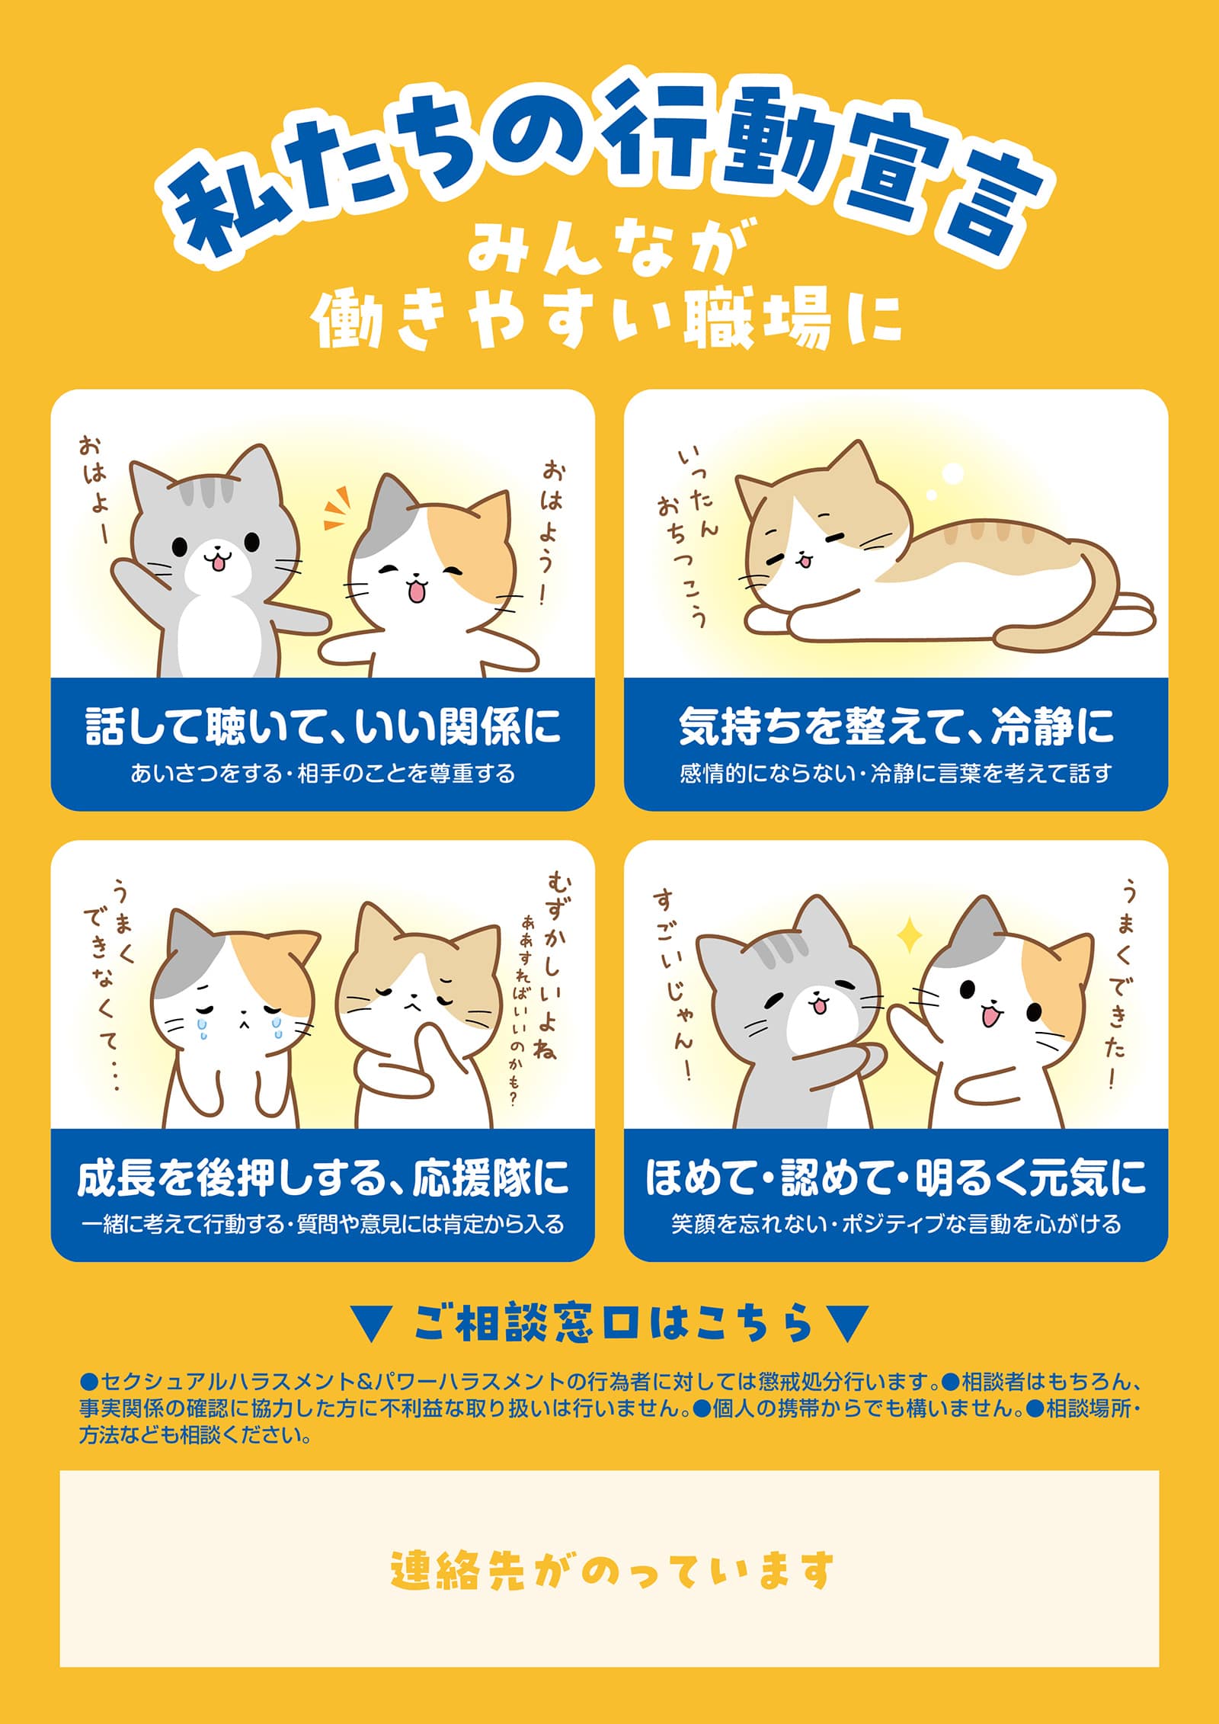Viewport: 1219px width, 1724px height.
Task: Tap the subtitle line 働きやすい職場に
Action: click(x=607, y=321)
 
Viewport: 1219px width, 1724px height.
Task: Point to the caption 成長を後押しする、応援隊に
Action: click(x=323, y=1177)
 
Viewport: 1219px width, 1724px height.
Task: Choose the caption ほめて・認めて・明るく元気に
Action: click(x=896, y=1177)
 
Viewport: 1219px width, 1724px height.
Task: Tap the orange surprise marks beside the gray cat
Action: click(x=337, y=508)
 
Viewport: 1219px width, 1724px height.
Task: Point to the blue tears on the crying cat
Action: click(x=238, y=1025)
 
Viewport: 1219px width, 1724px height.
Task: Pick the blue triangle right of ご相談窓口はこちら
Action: click(x=846, y=1323)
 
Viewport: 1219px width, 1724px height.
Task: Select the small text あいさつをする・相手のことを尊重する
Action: click(x=323, y=774)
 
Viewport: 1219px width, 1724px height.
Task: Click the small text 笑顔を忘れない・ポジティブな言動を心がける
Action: click(x=896, y=1224)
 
